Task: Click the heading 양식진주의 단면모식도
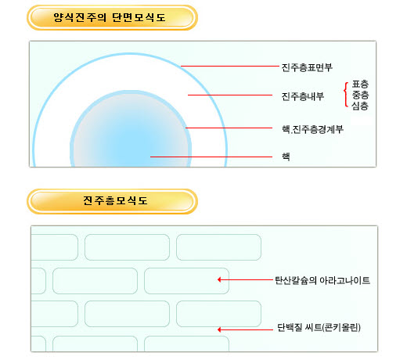(110, 18)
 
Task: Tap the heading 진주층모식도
(115, 200)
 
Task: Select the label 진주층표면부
(307, 67)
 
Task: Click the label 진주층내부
(303, 96)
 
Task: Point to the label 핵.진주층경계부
(312, 129)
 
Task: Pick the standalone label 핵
(286, 157)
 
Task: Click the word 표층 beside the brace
(360, 84)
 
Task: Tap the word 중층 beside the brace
(360, 95)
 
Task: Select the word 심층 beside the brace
(360, 106)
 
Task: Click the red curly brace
(345, 95)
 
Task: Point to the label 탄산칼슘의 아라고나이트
(322, 280)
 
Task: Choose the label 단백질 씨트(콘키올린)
(319, 327)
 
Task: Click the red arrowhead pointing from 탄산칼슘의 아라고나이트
(219, 279)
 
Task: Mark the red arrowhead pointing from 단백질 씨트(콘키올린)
(219, 329)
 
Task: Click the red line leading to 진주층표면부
(230, 66)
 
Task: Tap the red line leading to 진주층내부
(230, 95)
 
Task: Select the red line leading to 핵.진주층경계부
(229, 128)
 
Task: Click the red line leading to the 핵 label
(211, 157)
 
